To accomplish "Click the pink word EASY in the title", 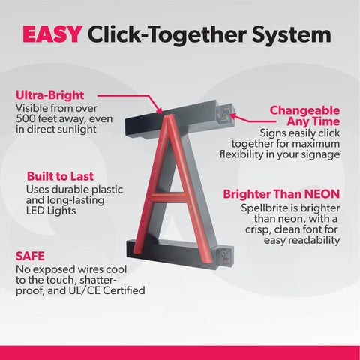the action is coord(52,34).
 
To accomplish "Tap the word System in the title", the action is coord(292,34).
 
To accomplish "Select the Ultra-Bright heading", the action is coord(50,95).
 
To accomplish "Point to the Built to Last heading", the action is coord(60,176).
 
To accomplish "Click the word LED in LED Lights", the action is coord(35,211).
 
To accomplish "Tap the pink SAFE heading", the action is coord(30,256).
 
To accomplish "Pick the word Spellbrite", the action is coord(264,208).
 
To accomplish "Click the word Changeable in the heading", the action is coord(304,110).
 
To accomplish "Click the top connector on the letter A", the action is coord(225,113).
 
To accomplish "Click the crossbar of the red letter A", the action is coord(169,198).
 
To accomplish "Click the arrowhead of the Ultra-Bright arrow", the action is coord(159,110).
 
